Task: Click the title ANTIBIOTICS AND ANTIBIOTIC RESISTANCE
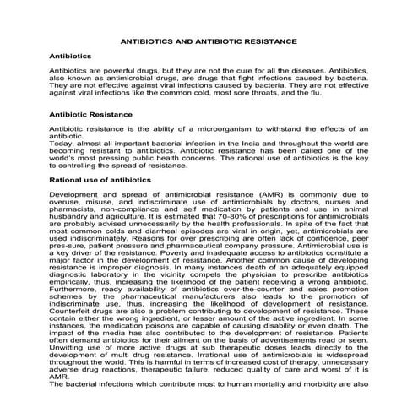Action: [x=209, y=40]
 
